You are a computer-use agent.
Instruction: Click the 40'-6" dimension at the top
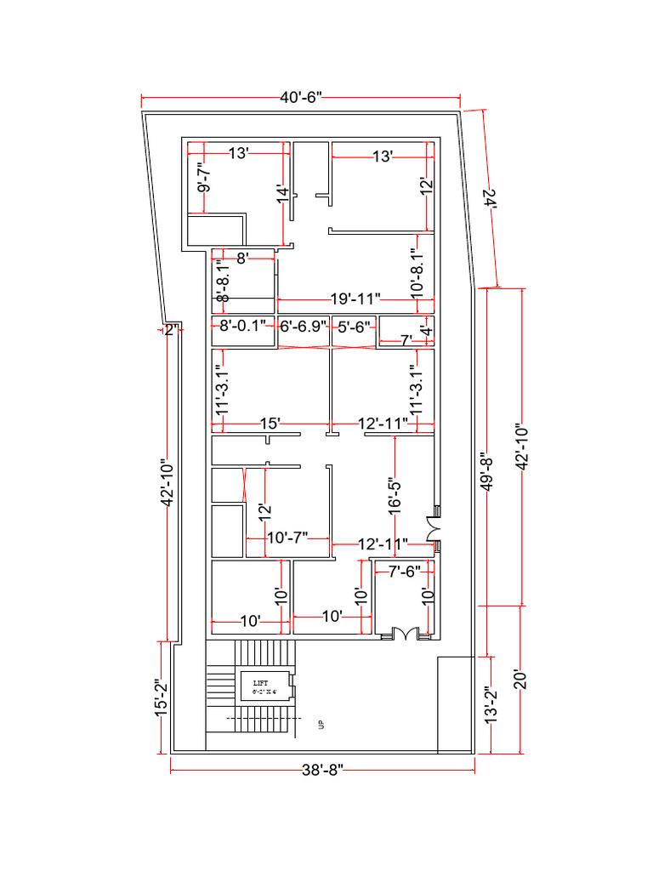301,98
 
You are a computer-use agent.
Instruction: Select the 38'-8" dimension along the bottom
323,771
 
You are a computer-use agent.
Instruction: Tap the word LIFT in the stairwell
260,683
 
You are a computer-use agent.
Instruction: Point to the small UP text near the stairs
321,725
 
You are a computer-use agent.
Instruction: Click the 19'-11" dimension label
355,299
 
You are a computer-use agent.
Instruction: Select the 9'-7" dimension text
204,177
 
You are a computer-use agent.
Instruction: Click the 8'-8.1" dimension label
223,280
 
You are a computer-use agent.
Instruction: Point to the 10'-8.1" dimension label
416,272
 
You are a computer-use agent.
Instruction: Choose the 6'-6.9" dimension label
304,326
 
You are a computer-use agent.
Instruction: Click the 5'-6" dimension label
354,326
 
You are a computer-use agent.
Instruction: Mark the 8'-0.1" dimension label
243,326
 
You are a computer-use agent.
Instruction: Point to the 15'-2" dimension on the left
160,697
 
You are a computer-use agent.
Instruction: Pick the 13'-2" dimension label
490,705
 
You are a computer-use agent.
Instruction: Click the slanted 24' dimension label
489,198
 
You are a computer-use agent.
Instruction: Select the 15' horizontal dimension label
270,423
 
